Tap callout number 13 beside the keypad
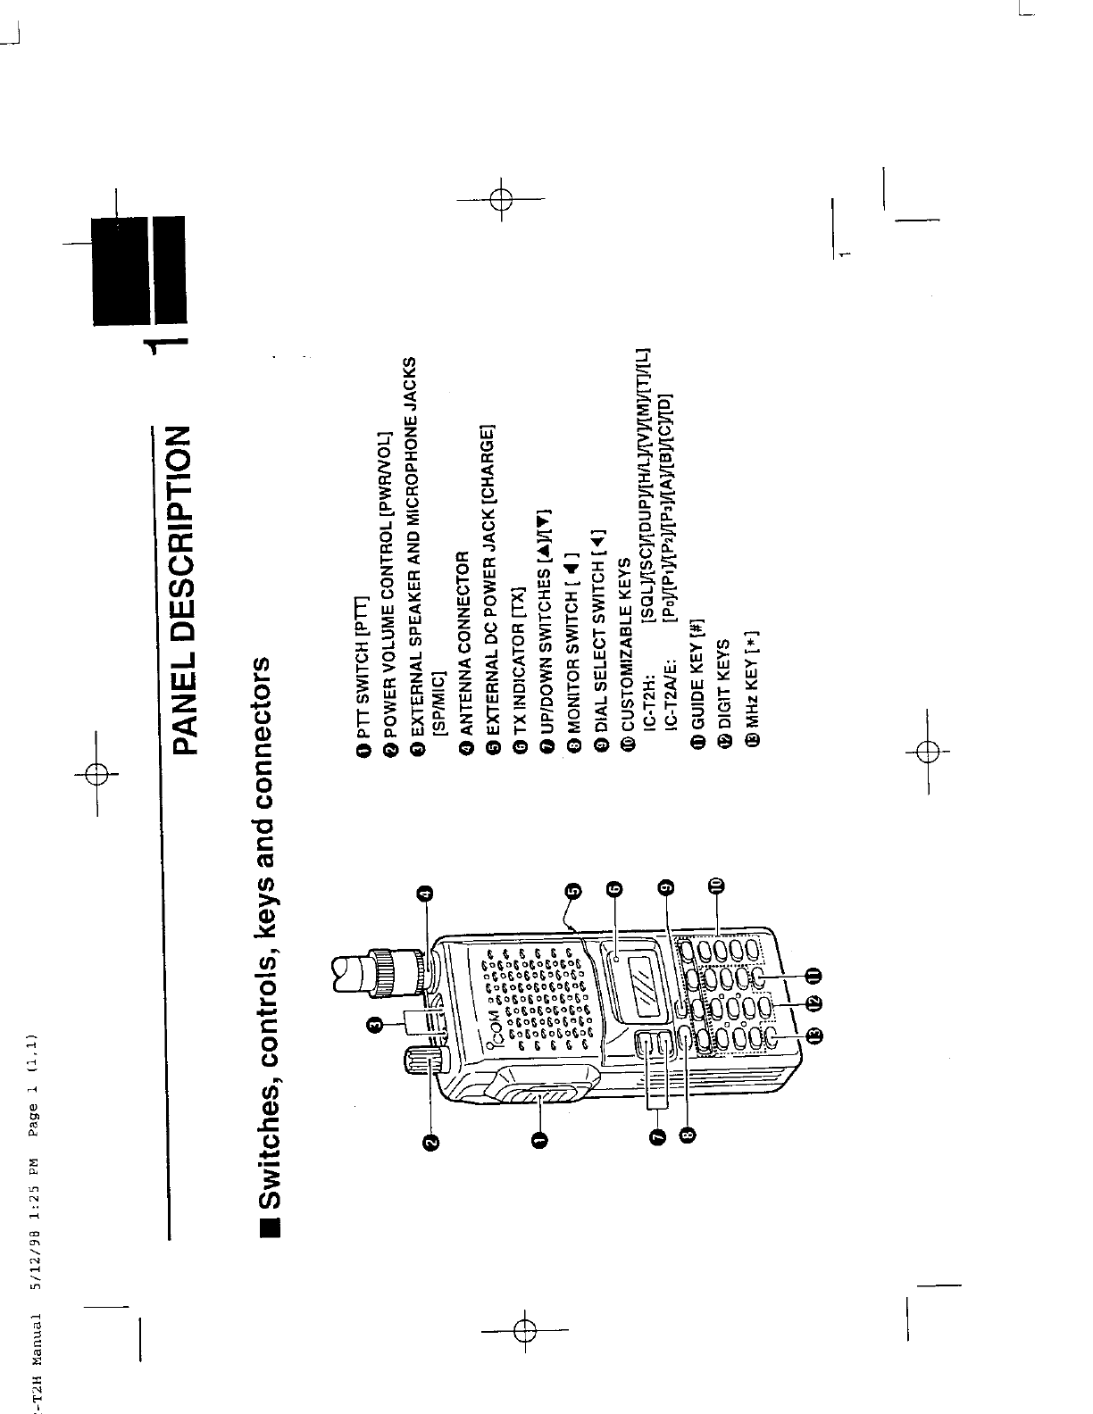(x=816, y=1036)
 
